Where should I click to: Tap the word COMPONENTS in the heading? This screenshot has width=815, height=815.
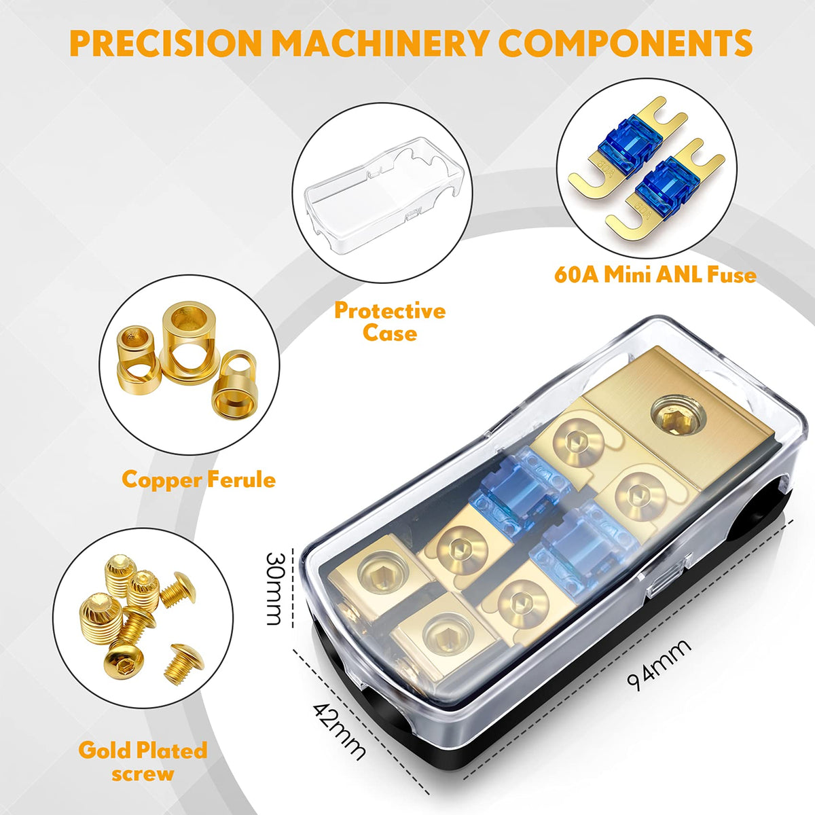628,43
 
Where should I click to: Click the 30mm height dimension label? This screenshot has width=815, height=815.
273,589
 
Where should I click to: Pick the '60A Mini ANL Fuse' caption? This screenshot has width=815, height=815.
655,275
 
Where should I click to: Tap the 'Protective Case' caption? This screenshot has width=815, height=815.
390,322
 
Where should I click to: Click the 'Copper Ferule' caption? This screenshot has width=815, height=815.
199,479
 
